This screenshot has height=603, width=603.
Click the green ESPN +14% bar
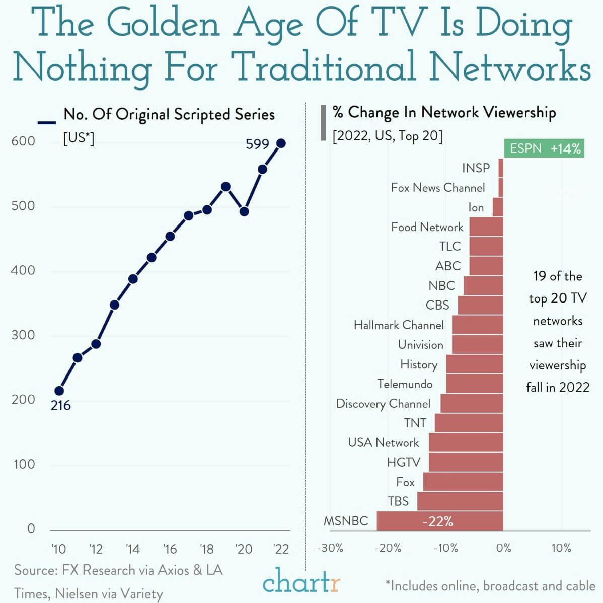(x=544, y=148)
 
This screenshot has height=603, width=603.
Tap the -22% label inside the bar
(x=437, y=521)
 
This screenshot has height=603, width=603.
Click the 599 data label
(x=257, y=144)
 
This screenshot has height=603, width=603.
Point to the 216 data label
(x=60, y=405)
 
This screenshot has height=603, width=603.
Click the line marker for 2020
(x=244, y=211)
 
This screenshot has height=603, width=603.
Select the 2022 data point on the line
(x=281, y=143)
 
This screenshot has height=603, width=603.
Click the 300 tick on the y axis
(x=23, y=335)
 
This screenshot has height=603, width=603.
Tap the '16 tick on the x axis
(x=170, y=549)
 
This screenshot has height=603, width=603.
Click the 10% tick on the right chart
(x=561, y=548)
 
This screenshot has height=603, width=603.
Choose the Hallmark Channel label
(x=398, y=325)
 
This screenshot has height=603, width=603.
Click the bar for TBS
(x=460, y=501)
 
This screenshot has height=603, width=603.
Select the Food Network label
(x=427, y=227)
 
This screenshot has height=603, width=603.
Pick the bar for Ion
(x=497, y=207)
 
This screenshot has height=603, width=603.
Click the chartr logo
(x=301, y=583)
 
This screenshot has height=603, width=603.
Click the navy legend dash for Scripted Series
(x=46, y=122)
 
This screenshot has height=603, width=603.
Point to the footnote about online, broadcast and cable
(x=490, y=586)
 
